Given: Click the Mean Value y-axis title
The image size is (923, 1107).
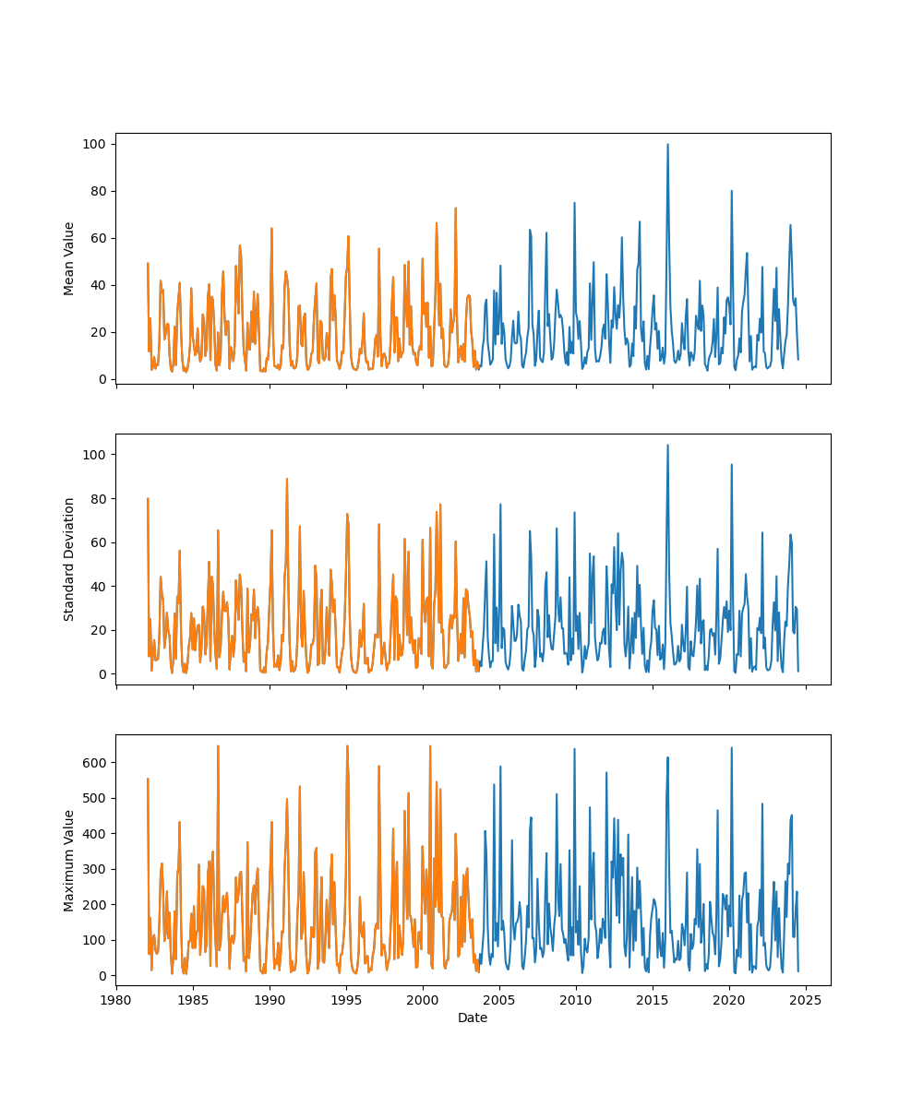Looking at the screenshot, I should pos(69,258).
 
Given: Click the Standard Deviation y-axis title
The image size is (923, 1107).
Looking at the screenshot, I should pos(69,559).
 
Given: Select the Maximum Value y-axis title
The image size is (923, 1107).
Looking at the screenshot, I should pos(69,860).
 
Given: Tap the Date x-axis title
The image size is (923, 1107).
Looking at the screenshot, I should pos(473,1018).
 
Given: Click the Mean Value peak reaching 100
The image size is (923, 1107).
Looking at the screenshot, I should pos(667,145).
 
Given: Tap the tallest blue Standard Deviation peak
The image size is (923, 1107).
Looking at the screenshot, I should pos(667,446).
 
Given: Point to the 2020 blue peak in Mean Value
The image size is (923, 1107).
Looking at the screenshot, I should pos(732,192).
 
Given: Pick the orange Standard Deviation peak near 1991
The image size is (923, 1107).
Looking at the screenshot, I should pos(287,479).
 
